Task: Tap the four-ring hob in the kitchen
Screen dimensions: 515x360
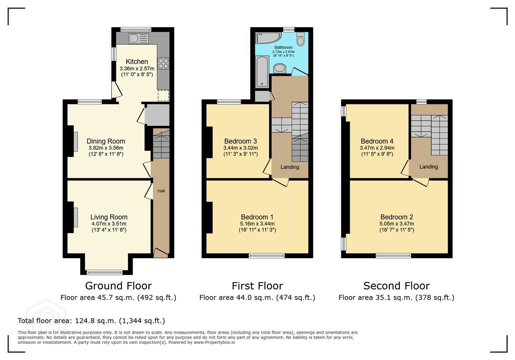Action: point(163,63)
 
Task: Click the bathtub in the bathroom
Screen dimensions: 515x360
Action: point(262,72)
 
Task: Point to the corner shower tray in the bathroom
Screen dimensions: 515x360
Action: point(268,38)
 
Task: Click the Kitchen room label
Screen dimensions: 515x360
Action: point(137,62)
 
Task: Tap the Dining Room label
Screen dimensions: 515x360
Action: point(106,141)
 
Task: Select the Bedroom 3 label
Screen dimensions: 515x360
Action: point(240,141)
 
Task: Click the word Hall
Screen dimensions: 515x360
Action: point(161,191)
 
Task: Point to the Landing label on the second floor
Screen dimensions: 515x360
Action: point(429,167)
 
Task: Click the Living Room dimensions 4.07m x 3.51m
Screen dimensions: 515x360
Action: point(109,224)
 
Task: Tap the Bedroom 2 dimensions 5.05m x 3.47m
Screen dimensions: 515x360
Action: point(397,224)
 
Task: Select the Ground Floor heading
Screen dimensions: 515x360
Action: point(118,286)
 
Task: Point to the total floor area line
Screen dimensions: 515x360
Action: point(91,321)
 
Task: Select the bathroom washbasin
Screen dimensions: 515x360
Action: point(280,68)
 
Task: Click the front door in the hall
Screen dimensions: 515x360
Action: point(161,253)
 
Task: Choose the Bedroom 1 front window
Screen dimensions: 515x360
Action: point(267,255)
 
